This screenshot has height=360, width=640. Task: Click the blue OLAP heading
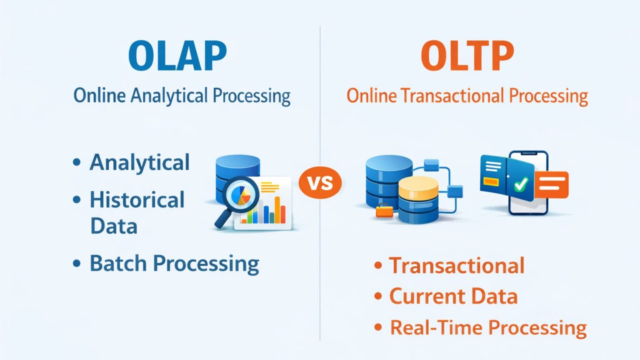tap(177, 56)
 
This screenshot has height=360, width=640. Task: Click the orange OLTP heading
tap(467, 56)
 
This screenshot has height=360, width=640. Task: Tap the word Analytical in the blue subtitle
tap(169, 96)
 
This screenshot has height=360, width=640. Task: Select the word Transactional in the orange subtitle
tap(452, 96)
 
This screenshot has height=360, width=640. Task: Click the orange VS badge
tap(320, 182)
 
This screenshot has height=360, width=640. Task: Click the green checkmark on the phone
tap(520, 183)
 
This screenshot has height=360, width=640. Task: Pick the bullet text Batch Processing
tap(174, 263)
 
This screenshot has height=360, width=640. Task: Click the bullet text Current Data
tap(453, 296)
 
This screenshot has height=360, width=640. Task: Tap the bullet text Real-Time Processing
tap(488, 327)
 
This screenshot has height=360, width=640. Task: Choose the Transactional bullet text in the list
tap(457, 265)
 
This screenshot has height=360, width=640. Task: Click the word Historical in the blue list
tap(137, 200)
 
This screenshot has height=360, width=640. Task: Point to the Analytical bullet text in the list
tap(140, 162)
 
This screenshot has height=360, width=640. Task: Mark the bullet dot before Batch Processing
tap(77, 263)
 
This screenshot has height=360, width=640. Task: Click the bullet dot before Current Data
tap(378, 296)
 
